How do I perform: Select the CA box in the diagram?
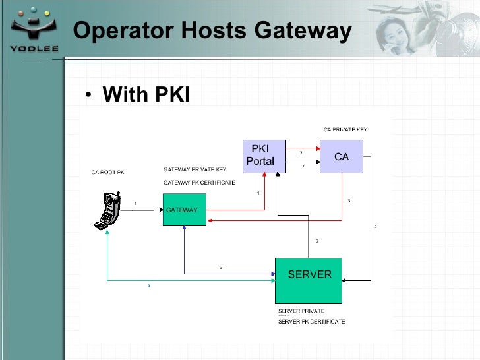(x=341, y=157)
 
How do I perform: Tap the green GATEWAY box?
(x=184, y=210)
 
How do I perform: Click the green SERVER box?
(x=308, y=280)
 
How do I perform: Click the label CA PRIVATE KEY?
(x=345, y=129)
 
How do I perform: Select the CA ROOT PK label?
(x=107, y=172)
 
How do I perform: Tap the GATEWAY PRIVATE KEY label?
(x=195, y=169)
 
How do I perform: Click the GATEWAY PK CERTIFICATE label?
(x=198, y=182)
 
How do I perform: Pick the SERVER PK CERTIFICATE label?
(x=311, y=322)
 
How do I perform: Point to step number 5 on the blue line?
(x=221, y=267)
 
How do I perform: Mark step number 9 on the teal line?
(x=148, y=286)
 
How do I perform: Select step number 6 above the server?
(x=316, y=241)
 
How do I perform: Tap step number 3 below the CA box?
(x=348, y=200)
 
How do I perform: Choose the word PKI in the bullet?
(x=172, y=95)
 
